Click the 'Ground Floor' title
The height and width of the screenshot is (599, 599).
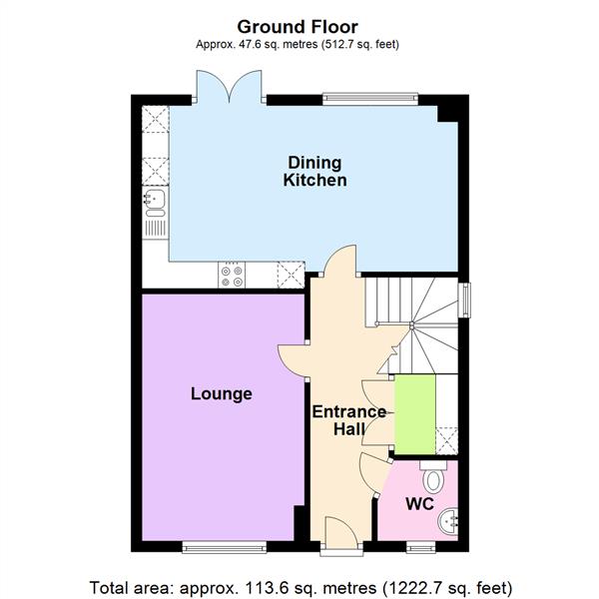(299, 27)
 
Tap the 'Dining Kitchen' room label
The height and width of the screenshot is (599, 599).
(314, 172)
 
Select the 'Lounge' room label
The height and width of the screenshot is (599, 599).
(221, 394)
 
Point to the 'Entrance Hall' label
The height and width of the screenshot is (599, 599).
(348, 420)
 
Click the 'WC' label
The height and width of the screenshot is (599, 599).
(418, 504)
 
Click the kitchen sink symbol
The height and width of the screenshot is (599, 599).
(154, 203)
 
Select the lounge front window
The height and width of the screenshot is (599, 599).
(224, 546)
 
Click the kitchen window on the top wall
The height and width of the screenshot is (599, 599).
(368, 98)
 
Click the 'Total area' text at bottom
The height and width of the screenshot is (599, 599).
(299, 586)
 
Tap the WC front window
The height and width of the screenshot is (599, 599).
(420, 546)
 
